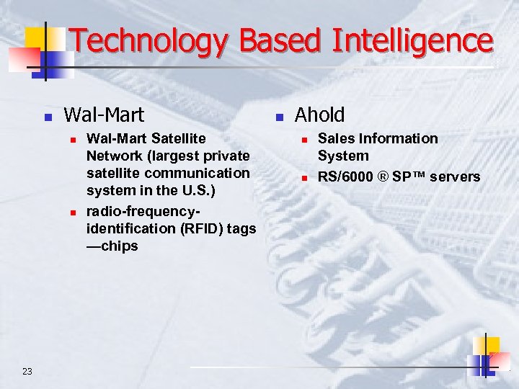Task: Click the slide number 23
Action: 27,371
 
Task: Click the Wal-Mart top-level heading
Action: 104,115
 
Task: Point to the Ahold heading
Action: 319,115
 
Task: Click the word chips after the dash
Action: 121,246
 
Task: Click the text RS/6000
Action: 345,176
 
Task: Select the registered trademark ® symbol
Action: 383,176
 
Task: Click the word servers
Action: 455,176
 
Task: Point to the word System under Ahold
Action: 343,156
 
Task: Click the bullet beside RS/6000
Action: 305,178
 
